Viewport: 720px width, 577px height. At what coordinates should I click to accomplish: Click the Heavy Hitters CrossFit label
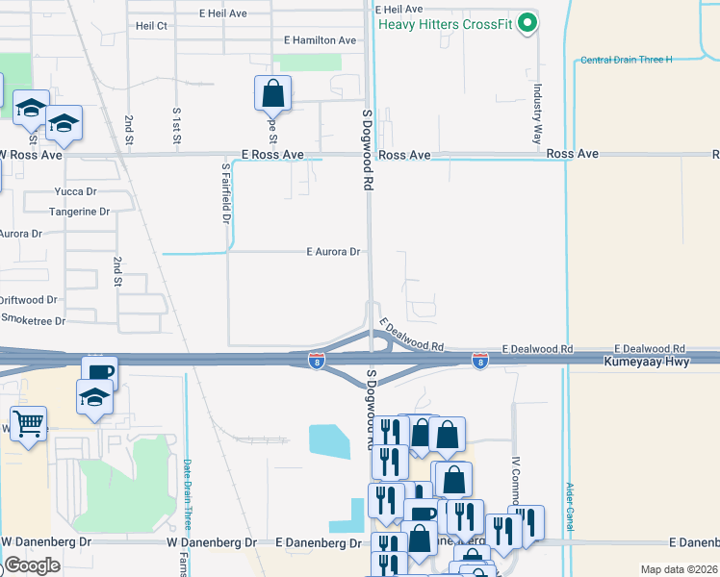pos(444,23)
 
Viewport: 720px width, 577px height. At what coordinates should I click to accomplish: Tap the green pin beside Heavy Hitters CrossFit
pos(527,23)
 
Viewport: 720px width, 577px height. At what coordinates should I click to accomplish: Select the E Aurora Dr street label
pos(333,252)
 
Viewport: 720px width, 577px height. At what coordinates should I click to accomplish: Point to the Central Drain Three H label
pos(626,60)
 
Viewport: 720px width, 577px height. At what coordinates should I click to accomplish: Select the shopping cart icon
pos(29,422)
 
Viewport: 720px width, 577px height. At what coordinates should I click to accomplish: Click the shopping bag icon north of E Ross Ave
pos(273,93)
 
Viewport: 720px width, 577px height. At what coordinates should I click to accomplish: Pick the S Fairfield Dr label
pos(226,193)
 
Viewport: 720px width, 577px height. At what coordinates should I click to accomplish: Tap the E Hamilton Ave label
pos(321,40)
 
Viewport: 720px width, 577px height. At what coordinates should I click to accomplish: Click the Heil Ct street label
pos(152,26)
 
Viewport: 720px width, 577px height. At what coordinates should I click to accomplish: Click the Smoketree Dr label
pos(33,320)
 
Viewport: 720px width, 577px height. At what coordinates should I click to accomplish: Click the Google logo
pos(32,565)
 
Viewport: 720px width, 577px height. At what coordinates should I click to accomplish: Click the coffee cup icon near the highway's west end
pos(99,372)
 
